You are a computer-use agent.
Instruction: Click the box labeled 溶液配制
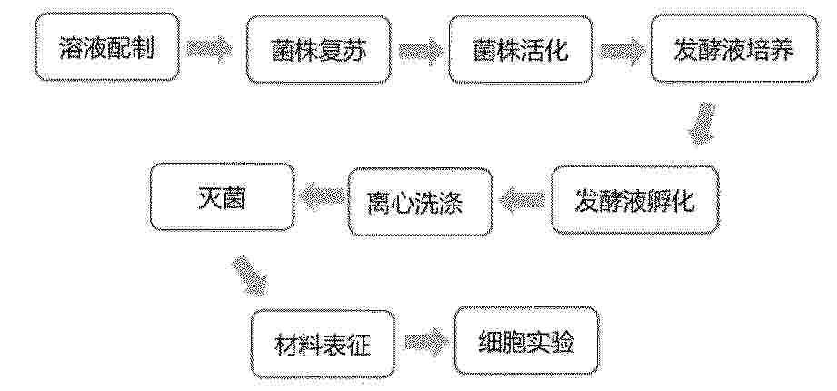point(107,47)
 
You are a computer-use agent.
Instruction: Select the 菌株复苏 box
point(319,49)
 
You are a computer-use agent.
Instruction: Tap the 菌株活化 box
point(520,49)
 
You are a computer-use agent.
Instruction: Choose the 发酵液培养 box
point(734,48)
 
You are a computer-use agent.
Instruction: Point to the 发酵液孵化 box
point(634,200)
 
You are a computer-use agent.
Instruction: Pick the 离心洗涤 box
point(420,202)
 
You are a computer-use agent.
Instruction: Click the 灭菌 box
point(222,197)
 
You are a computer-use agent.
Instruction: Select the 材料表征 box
point(323,344)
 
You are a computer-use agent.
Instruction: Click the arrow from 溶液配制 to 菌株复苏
point(209,50)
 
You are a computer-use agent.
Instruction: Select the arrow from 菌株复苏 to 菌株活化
point(421,51)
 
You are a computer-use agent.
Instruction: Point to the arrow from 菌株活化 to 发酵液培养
point(622,51)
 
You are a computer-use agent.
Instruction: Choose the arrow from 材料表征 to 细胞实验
point(425,342)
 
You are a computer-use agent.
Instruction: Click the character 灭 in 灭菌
point(209,197)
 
